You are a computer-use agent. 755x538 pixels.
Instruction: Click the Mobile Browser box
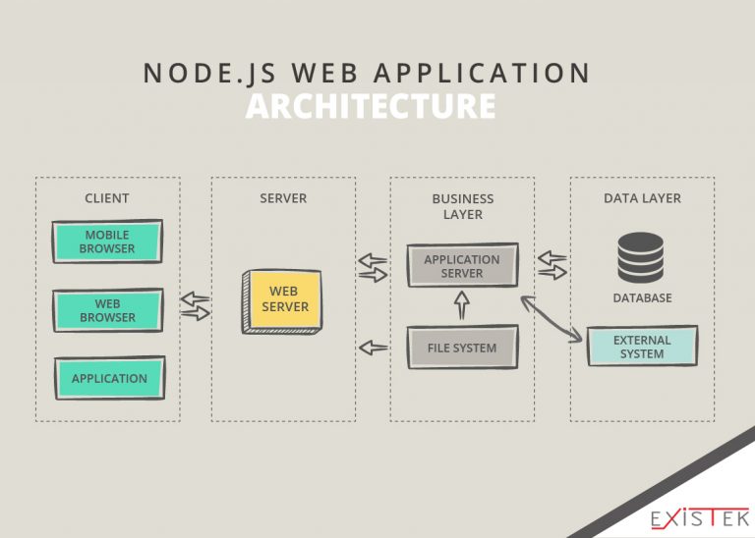pyautogui.click(x=107, y=242)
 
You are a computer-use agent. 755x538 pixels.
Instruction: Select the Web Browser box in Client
pyautogui.click(x=107, y=311)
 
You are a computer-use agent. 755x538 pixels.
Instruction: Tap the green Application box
pyautogui.click(x=109, y=378)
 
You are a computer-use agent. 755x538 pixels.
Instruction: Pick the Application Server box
pyautogui.click(x=461, y=266)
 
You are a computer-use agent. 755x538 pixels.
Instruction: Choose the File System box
pyautogui.click(x=461, y=348)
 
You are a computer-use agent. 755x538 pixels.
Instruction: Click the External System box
pyautogui.click(x=642, y=347)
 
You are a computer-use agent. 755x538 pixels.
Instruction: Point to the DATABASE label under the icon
pyautogui.click(x=642, y=297)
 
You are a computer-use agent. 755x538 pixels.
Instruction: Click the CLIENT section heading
pyautogui.click(x=107, y=198)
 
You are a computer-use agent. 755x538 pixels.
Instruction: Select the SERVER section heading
pyautogui.click(x=283, y=198)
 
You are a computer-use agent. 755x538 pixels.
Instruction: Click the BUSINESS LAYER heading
pyautogui.click(x=462, y=206)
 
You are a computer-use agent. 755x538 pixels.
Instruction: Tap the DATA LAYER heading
pyautogui.click(x=642, y=198)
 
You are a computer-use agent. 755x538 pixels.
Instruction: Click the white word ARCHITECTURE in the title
pyautogui.click(x=370, y=106)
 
